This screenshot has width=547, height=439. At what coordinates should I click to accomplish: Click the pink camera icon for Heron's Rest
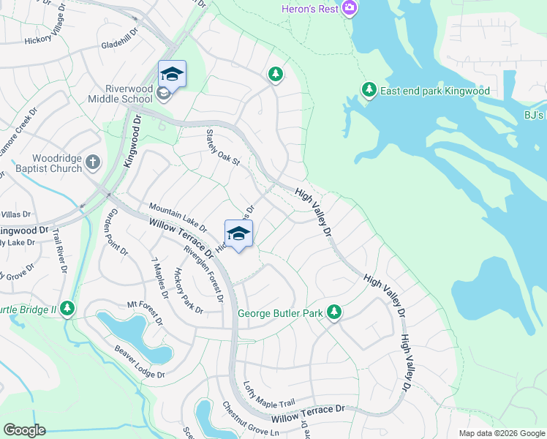(x=350, y=8)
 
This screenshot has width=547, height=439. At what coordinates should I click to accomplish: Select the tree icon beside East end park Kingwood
(x=369, y=90)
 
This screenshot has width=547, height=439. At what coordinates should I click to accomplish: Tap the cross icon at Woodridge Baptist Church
(x=93, y=162)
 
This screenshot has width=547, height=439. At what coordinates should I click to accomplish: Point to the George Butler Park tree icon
(x=334, y=313)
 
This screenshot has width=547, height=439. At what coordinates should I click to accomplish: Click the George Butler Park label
(x=281, y=314)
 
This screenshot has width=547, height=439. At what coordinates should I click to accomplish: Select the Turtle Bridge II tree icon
(x=67, y=309)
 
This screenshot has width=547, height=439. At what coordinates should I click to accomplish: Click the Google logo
(x=25, y=430)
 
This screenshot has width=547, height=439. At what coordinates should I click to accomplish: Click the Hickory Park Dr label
(x=188, y=290)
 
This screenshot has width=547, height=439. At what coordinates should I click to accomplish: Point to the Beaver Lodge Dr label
(x=139, y=362)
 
